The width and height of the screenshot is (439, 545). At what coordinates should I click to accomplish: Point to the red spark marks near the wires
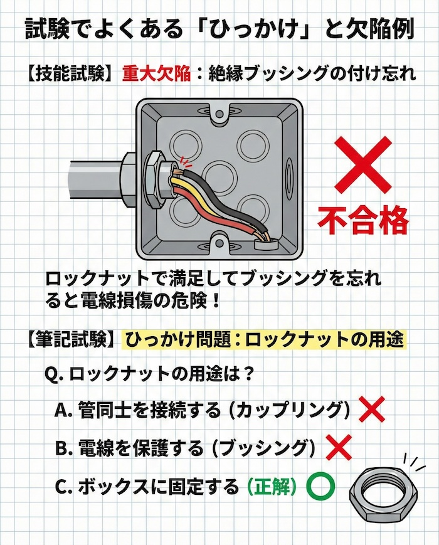(x=183, y=161)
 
